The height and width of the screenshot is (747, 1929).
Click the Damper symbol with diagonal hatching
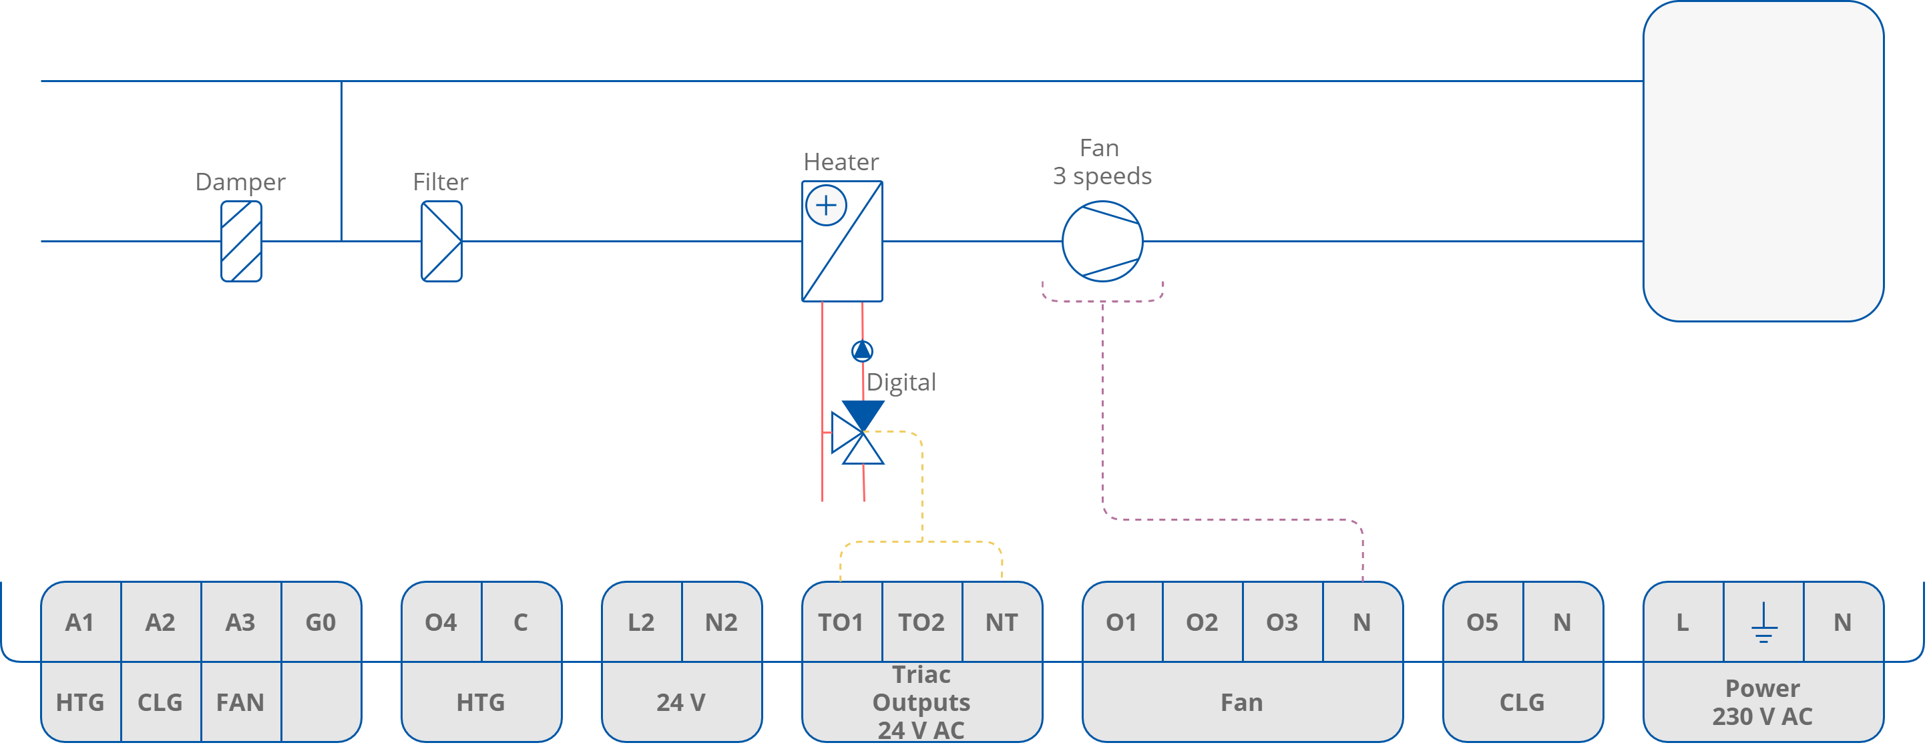[241, 241]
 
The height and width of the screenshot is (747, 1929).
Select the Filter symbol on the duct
[441, 241]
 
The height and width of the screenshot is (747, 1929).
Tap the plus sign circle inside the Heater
[826, 205]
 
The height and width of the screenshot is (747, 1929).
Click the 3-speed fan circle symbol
[1102, 241]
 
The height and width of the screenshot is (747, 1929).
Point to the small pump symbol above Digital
[862, 351]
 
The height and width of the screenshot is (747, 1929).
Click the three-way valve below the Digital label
[859, 433]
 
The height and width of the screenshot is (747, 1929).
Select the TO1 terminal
[841, 622]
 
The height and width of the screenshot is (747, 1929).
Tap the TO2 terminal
[921, 622]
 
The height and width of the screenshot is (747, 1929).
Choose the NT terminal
[1001, 622]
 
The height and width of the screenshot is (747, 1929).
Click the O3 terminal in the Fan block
[1281, 622]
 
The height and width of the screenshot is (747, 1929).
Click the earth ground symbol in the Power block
[1763, 623]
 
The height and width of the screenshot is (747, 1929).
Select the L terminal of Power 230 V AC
[1683, 622]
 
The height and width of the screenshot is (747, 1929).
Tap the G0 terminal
[320, 622]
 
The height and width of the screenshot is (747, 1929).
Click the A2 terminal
[160, 622]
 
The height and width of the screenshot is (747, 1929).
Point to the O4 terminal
[441, 622]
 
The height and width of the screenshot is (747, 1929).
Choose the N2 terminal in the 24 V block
[721, 622]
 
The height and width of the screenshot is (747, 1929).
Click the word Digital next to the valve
[901, 383]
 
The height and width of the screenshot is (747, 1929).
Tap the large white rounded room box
[1763, 161]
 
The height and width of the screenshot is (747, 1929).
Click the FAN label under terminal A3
[240, 702]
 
